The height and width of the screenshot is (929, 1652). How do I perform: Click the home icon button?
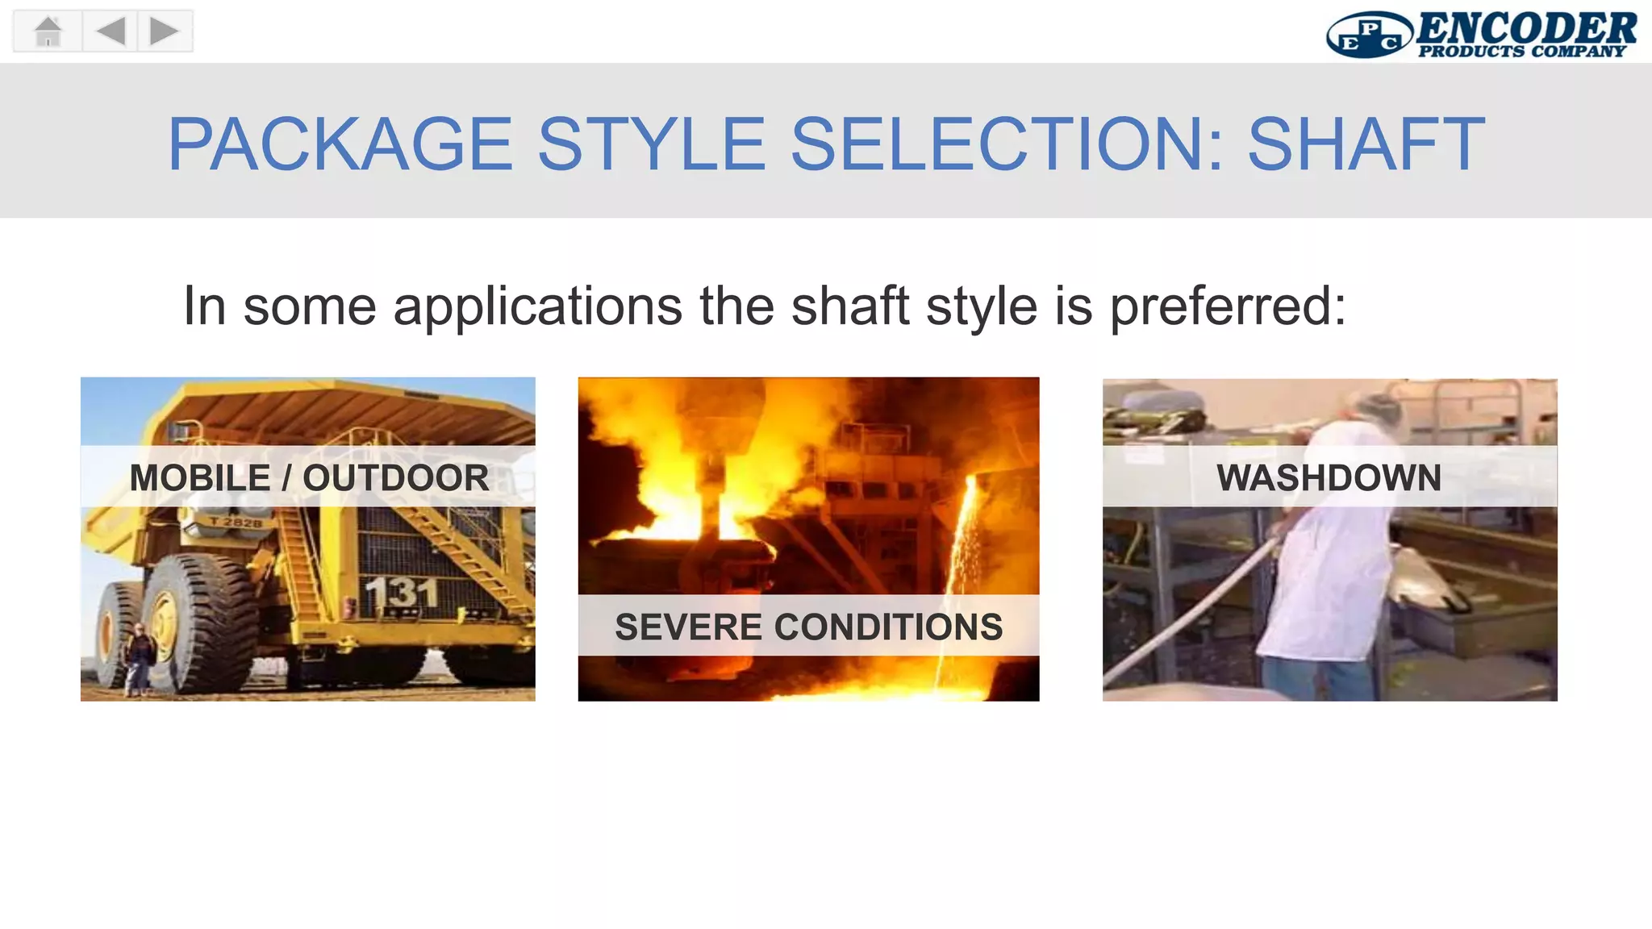pyautogui.click(x=48, y=31)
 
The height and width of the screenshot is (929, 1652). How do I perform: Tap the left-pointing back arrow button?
pyautogui.click(x=111, y=31)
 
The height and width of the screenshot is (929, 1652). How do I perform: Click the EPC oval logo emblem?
pyautogui.click(x=1369, y=35)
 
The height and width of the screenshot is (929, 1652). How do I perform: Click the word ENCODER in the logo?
pyautogui.click(x=1525, y=28)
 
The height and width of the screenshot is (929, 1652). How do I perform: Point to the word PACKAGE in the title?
pyautogui.click(x=340, y=144)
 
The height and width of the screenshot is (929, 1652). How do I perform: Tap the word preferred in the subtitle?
pyautogui.click(x=1228, y=307)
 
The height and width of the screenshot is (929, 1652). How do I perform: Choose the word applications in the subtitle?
pyautogui.click(x=538, y=307)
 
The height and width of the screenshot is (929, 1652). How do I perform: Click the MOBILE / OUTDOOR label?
pyautogui.click(x=309, y=477)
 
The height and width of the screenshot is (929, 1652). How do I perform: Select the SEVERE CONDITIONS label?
pyautogui.click(x=808, y=627)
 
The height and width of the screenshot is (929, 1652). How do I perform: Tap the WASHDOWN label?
pyautogui.click(x=1329, y=477)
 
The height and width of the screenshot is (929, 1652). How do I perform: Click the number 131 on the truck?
pyautogui.click(x=401, y=594)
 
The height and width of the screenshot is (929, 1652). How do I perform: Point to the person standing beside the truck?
pyautogui.click(x=139, y=657)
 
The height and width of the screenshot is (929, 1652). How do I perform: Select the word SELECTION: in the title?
pyautogui.click(x=1005, y=144)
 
